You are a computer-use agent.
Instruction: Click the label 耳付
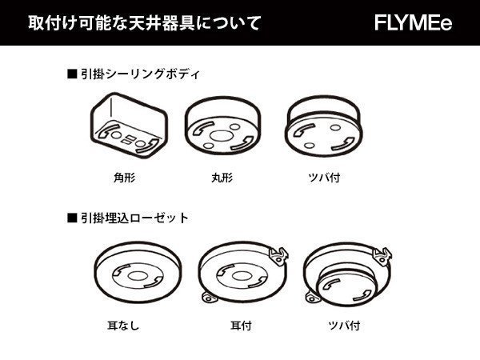coord(238,326)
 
